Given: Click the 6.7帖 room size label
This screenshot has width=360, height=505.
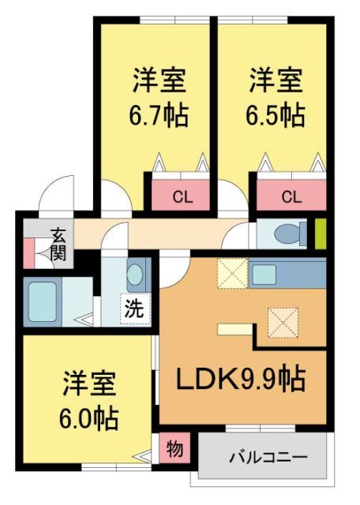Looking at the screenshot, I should (x=159, y=116).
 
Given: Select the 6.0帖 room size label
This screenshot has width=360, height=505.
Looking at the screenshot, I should (x=89, y=417).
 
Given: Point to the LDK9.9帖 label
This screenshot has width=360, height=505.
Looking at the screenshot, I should (x=240, y=380).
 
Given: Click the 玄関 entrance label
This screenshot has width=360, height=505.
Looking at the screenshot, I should (x=59, y=245).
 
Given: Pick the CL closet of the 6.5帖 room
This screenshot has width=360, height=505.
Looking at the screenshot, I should (x=290, y=196).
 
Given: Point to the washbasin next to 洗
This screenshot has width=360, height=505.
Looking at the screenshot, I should (x=136, y=275).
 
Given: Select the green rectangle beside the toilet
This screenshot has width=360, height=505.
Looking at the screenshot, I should (x=321, y=233).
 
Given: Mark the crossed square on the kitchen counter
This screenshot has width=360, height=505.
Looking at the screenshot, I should (x=231, y=274).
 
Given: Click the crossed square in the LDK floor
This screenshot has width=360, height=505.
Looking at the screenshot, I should (x=281, y=320).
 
